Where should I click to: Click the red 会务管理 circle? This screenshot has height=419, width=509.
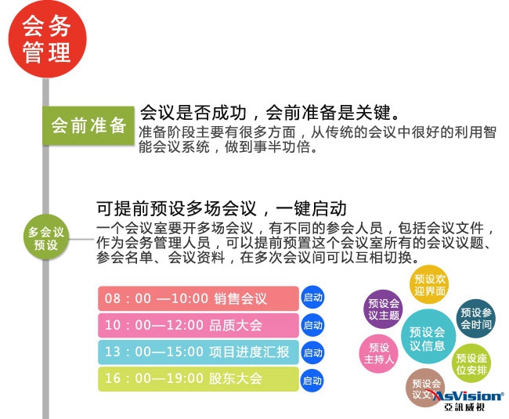(x=48, y=39)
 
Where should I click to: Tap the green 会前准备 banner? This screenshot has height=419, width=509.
(x=88, y=125)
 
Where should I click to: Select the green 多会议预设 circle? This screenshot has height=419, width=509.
(x=46, y=238)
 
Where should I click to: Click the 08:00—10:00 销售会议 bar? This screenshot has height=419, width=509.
(x=198, y=298)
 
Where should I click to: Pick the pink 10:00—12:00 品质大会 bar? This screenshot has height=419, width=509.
(x=198, y=325)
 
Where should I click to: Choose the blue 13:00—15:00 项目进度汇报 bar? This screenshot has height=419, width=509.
(x=198, y=352)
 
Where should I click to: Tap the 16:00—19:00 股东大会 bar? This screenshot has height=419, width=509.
(x=198, y=379)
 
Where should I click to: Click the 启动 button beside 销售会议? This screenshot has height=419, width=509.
(x=312, y=298)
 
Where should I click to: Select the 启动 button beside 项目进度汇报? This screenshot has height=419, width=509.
(x=312, y=352)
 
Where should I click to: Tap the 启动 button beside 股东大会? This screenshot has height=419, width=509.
(x=312, y=381)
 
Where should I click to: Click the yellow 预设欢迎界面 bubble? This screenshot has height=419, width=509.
(x=429, y=284)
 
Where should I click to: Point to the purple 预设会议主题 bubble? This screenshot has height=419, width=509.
(x=383, y=309)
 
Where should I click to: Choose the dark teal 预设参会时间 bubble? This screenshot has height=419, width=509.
(x=476, y=319)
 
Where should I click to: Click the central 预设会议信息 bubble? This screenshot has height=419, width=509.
(x=428, y=337)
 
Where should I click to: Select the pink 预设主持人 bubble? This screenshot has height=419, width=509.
(x=378, y=353)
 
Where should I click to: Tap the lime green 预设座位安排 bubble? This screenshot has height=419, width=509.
(x=471, y=363)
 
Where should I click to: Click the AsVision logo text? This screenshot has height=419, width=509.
(x=467, y=396)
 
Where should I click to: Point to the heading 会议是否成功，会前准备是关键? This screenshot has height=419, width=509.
(x=270, y=112)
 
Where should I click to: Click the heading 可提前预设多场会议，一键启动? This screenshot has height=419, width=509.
(x=222, y=208)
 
